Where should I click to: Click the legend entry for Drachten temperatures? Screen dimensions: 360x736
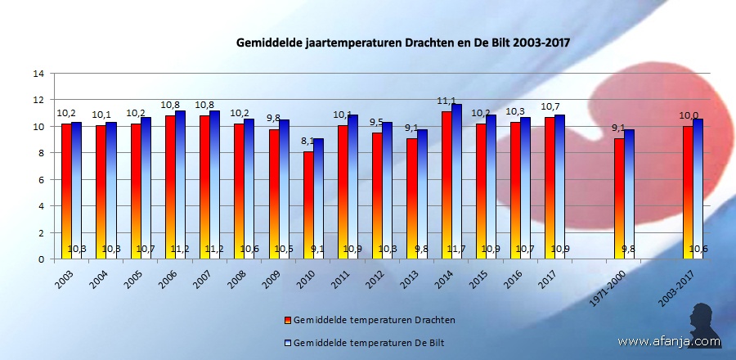point(369,319)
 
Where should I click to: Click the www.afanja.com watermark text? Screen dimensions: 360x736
point(669,341)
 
